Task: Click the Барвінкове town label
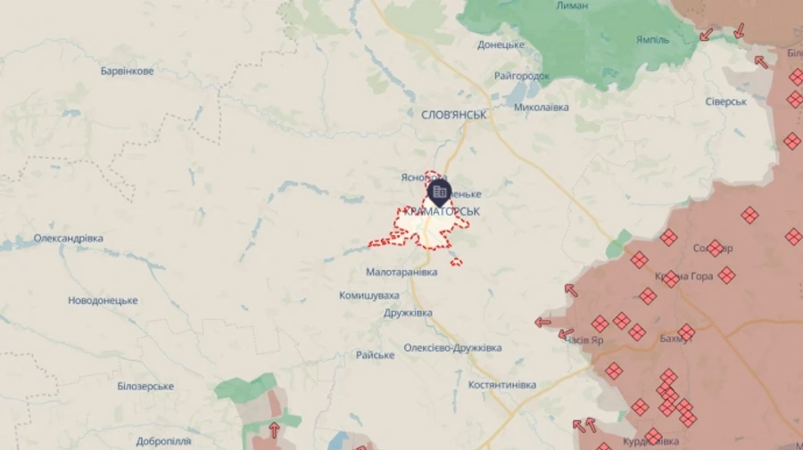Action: point(127,70)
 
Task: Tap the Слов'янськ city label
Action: point(454,115)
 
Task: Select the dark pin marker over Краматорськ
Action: point(439,192)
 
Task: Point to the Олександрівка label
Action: point(69,239)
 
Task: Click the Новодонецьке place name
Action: point(103,300)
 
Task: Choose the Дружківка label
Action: point(408,313)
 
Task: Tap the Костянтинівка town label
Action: point(502,385)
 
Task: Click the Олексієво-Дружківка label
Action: point(452,348)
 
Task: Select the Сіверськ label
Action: point(725,102)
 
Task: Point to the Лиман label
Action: point(572,5)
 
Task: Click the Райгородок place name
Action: point(522,77)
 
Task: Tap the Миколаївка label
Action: point(542,107)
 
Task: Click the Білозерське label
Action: point(145,386)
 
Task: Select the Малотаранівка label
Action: point(401,272)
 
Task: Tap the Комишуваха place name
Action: point(368,295)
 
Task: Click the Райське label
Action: point(375,355)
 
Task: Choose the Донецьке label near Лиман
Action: point(501,44)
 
